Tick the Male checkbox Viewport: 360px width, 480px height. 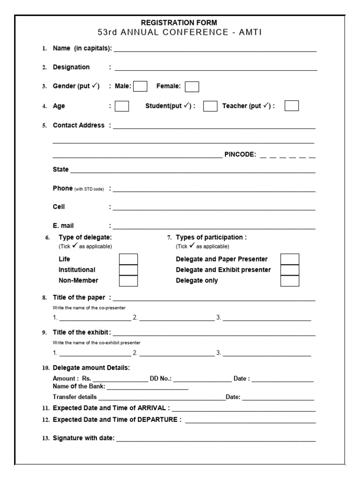click(140, 86)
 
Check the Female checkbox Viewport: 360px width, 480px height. click(192, 87)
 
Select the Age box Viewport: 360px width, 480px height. click(122, 106)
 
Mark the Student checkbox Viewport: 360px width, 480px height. click(210, 106)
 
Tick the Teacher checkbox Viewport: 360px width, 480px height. click(292, 106)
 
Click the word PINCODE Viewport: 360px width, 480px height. click(240, 155)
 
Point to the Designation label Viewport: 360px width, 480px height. click(71, 67)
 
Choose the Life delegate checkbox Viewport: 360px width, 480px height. click(128, 259)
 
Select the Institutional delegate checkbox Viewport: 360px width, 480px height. click(128, 270)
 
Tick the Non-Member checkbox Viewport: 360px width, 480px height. click(128, 281)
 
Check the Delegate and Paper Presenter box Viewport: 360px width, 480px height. click(290, 259)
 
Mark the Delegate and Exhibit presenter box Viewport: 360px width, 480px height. click(290, 270)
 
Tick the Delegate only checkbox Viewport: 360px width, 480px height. click(290, 281)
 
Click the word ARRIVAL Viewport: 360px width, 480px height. click(152, 408)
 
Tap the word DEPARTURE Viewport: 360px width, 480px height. click(157, 420)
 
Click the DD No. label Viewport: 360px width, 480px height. click(161, 379)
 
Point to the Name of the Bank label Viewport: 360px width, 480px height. click(79, 387)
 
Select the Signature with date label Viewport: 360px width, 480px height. click(83, 438)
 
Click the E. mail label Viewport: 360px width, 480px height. click(63, 226)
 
